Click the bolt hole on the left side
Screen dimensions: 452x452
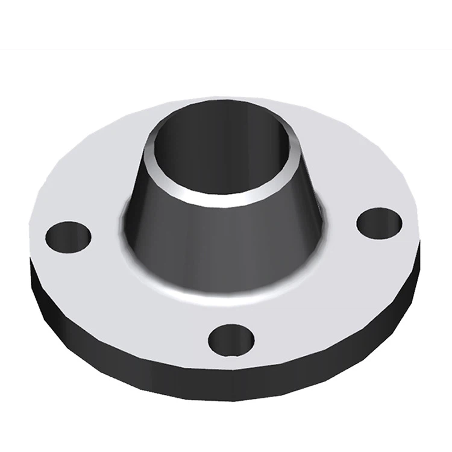68,236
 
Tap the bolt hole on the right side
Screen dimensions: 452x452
379,222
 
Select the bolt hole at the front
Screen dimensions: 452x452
231,340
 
